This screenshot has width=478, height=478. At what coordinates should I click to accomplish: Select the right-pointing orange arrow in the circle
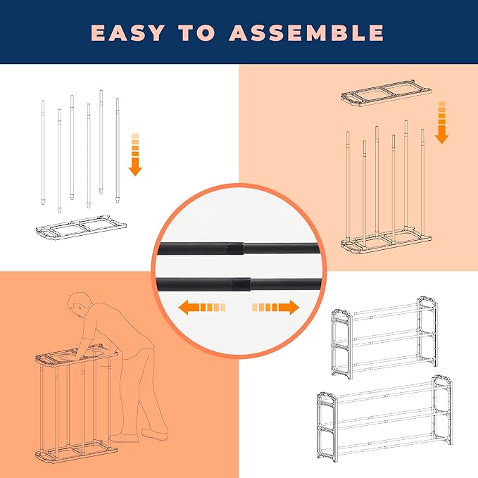click(275, 308)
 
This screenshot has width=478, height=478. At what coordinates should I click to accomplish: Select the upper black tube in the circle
click(239, 247)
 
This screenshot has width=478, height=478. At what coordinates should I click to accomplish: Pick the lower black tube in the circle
click(239, 283)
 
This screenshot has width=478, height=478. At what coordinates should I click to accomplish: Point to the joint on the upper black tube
click(237, 247)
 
